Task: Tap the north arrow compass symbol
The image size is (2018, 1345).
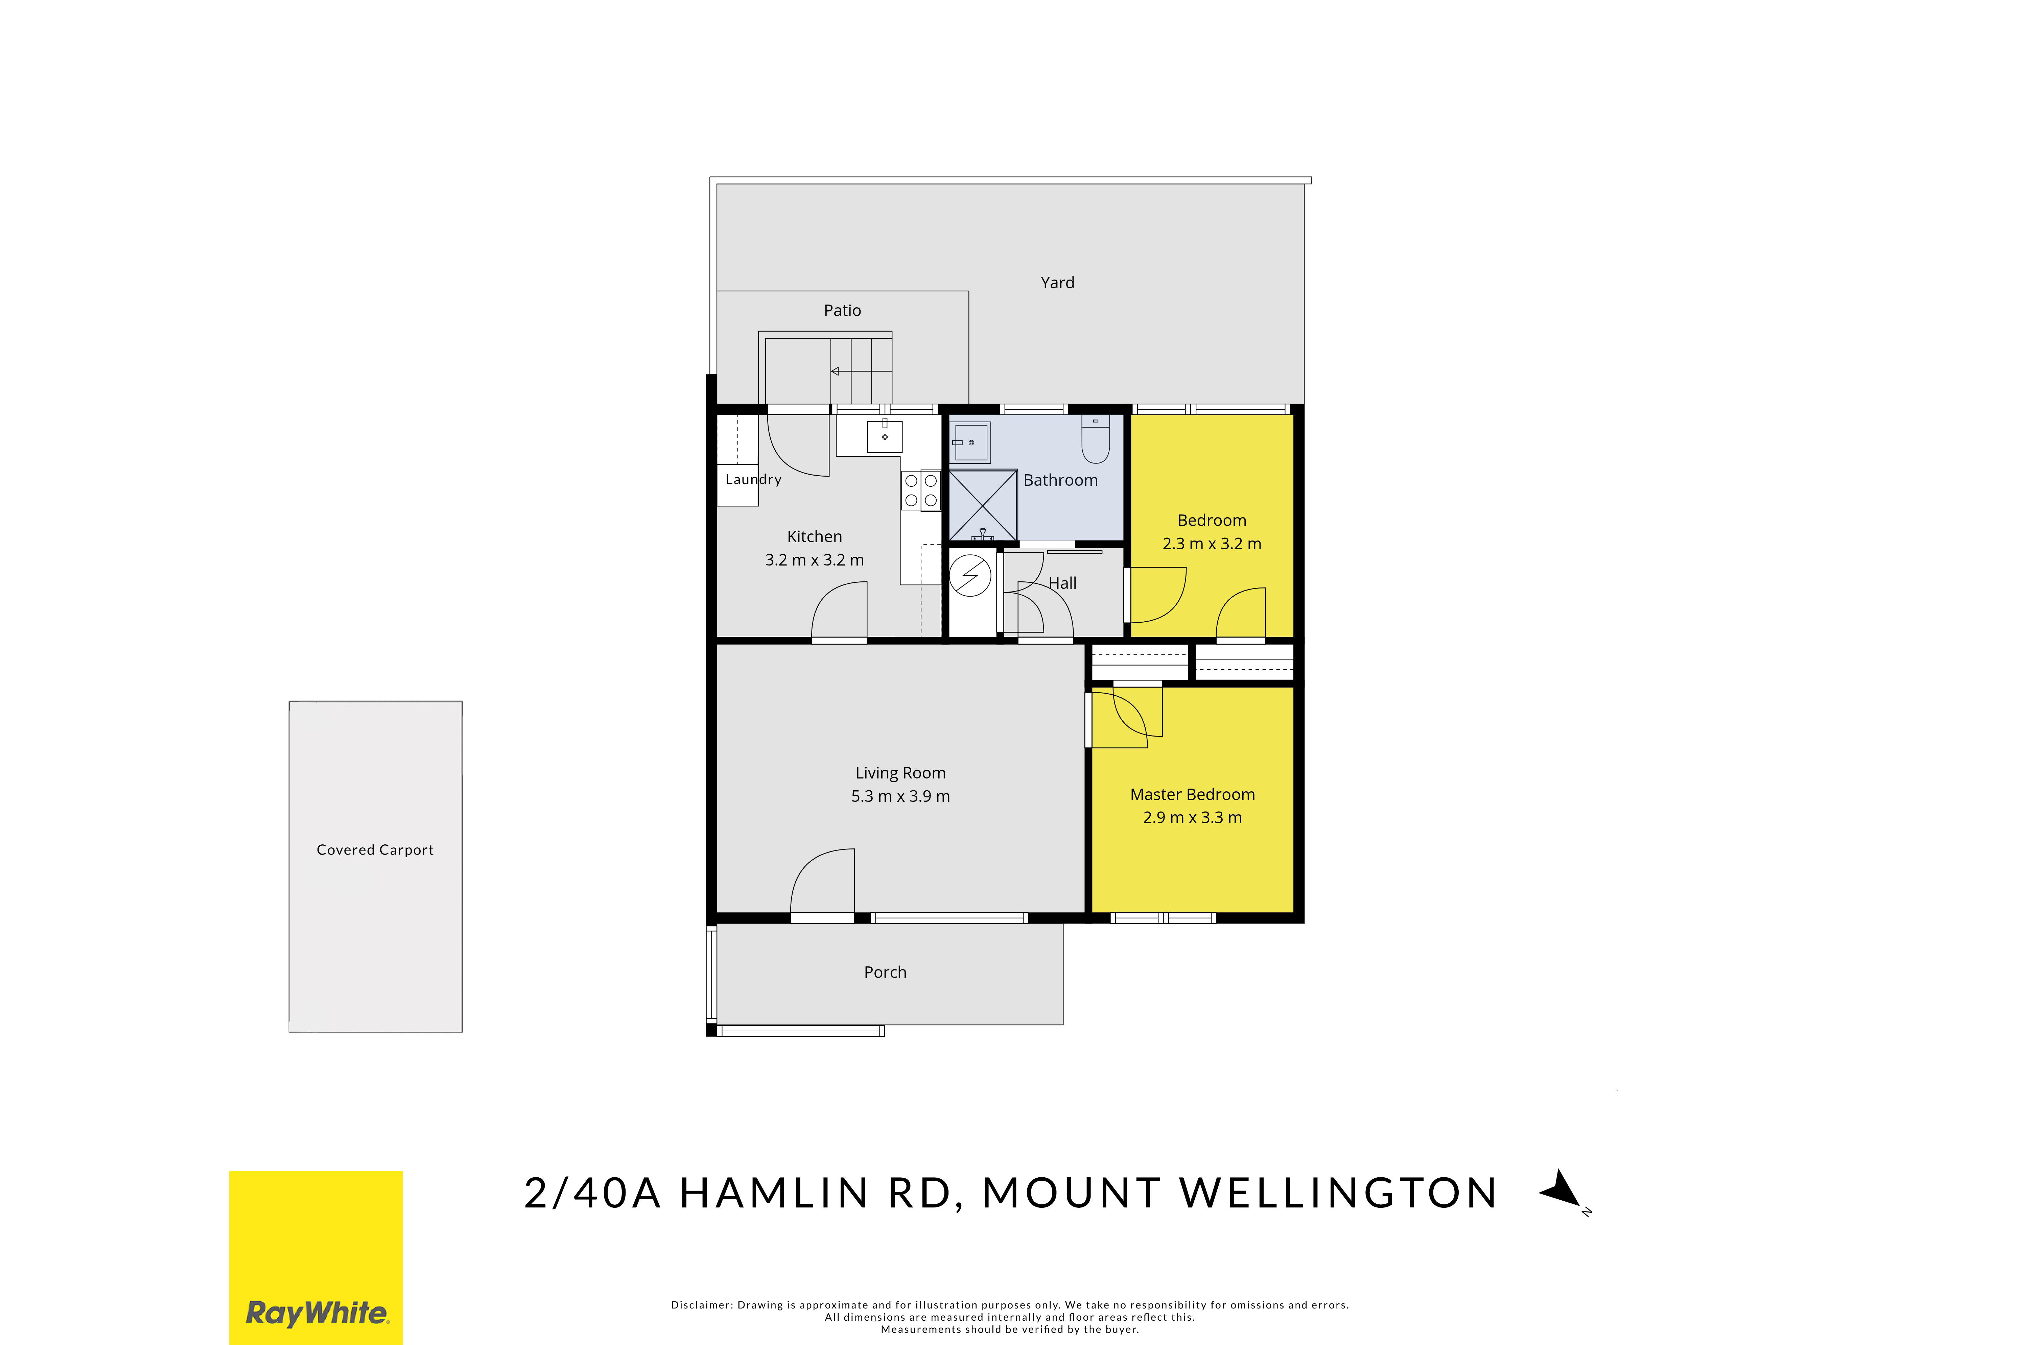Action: tap(1563, 1192)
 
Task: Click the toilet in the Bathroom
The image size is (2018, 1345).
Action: tap(1096, 439)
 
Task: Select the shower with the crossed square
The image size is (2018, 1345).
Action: tap(982, 505)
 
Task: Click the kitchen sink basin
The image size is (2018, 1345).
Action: tap(885, 436)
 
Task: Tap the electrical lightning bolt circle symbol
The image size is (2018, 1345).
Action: tap(970, 576)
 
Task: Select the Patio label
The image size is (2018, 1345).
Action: tap(843, 311)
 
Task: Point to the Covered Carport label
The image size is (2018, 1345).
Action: tap(375, 850)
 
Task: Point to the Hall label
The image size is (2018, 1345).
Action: tap(1062, 583)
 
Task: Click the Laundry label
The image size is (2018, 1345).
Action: tap(753, 480)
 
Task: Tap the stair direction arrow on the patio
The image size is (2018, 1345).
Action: tap(862, 371)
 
